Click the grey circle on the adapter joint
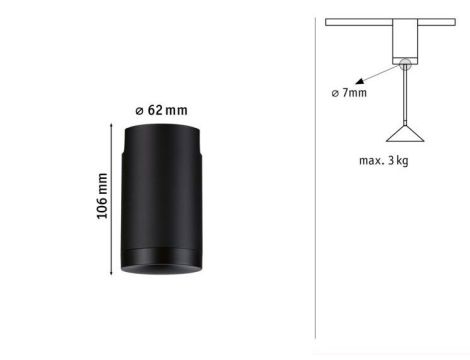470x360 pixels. tap(404, 65)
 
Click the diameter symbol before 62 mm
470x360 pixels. tap(138, 109)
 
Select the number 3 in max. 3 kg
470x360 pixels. tap(397, 159)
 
